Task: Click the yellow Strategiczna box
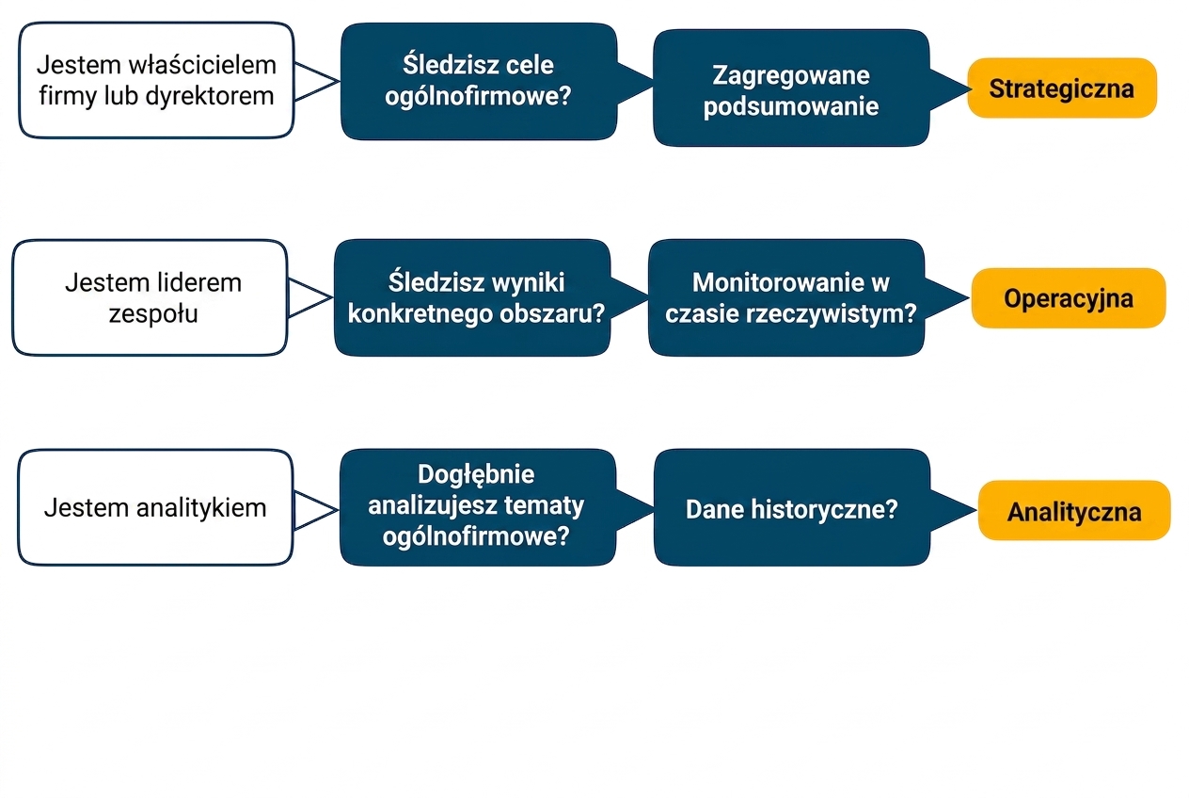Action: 1062,88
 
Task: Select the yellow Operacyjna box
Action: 1069,298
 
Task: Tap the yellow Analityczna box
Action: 1074,511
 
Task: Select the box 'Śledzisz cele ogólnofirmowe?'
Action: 479,81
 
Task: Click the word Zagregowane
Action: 791,76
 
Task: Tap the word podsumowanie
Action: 791,106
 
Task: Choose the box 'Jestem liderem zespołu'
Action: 151,298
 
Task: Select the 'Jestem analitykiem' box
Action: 155,507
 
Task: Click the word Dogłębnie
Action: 476,474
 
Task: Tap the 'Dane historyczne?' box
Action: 792,507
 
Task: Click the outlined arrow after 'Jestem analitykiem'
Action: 316,510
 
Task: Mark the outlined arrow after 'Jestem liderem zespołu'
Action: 310,298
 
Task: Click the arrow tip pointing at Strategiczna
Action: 971,89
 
